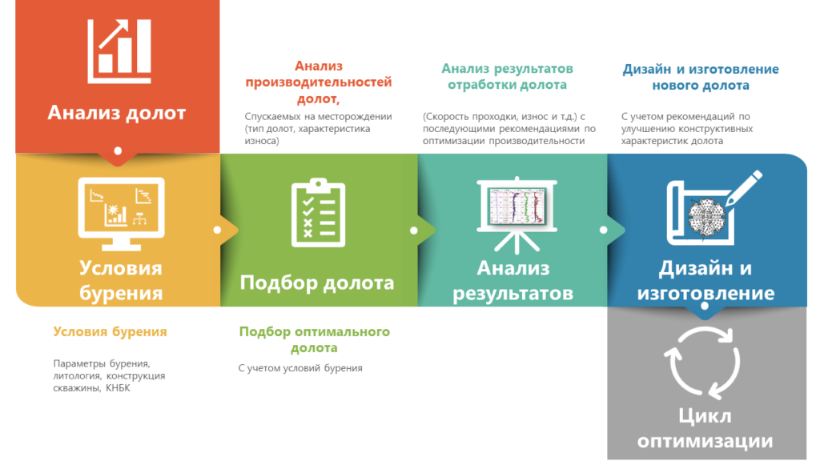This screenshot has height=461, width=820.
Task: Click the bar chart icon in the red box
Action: tap(119, 51)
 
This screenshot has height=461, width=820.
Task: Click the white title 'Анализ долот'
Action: tap(117, 112)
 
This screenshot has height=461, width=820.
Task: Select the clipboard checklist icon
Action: tap(318, 212)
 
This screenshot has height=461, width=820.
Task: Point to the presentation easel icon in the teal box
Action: tap(517, 215)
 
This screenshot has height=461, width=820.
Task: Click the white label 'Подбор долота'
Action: tap(317, 283)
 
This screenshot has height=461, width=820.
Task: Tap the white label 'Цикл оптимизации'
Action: tap(705, 429)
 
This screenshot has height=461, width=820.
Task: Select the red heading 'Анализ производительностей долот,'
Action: tap(319, 82)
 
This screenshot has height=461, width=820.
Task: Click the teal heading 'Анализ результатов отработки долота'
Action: tap(507, 76)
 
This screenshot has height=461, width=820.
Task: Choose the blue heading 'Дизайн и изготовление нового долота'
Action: tap(700, 77)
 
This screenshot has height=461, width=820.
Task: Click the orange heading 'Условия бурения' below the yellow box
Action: tap(110, 331)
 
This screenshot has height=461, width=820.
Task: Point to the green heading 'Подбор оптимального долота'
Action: tap(314, 339)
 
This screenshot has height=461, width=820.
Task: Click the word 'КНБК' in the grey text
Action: tap(118, 388)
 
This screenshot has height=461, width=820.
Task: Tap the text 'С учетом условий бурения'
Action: tap(300, 368)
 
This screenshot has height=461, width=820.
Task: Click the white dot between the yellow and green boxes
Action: tap(218, 230)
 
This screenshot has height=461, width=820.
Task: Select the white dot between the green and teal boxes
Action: tap(414, 230)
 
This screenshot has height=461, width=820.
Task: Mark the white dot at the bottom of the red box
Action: tap(119, 151)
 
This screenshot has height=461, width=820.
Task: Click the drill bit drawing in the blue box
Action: tap(706, 216)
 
